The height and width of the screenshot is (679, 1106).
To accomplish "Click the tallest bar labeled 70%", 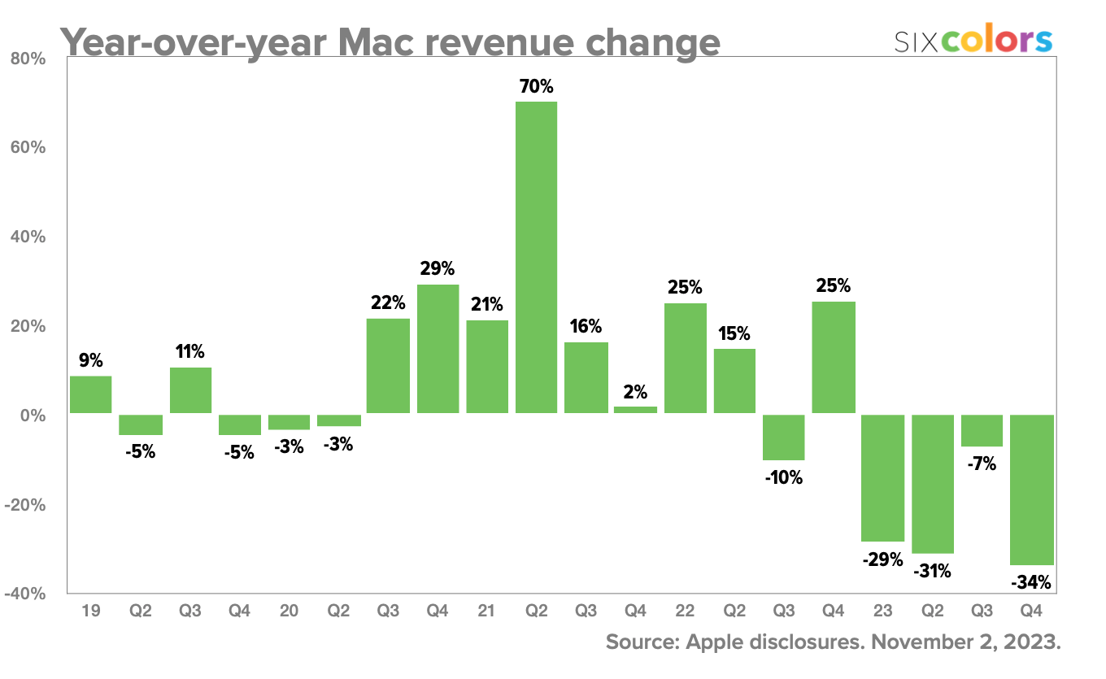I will (x=536, y=257).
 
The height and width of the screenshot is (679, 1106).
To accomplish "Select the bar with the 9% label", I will (x=90, y=394).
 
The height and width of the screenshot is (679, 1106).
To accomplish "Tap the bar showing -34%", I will (x=1032, y=490).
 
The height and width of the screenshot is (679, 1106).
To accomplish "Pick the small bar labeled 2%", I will (x=635, y=410).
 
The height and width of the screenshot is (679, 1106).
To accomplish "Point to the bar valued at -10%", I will (x=784, y=437).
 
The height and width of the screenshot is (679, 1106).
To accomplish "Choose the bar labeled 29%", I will (x=438, y=349).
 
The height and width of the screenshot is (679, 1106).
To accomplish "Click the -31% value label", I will (x=932, y=571).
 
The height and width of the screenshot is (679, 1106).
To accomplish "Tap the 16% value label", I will (x=586, y=327).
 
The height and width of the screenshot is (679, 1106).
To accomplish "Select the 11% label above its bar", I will (x=189, y=352).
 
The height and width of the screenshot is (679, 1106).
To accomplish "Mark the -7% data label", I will (x=982, y=464).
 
